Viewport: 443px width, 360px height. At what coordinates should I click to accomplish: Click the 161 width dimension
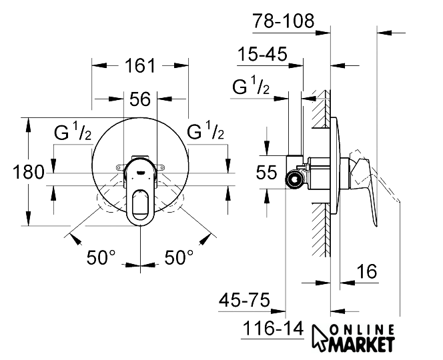pos(140,65)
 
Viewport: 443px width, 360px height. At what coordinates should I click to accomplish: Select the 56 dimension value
pos(140,99)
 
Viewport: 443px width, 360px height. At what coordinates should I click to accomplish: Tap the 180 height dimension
pos(29,172)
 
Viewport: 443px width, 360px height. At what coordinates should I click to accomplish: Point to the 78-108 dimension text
pos(284,21)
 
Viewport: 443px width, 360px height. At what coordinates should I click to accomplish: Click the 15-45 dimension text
pos(262,54)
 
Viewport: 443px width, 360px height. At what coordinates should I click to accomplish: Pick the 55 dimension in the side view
pos(266,172)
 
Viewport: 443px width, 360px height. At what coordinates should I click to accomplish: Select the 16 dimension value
pos(367,271)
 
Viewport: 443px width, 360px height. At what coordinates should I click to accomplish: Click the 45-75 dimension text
pos(244,300)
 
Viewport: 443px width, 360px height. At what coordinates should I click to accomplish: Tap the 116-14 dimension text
pos(273,329)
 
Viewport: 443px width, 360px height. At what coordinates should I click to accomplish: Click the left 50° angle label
pos(101,257)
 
